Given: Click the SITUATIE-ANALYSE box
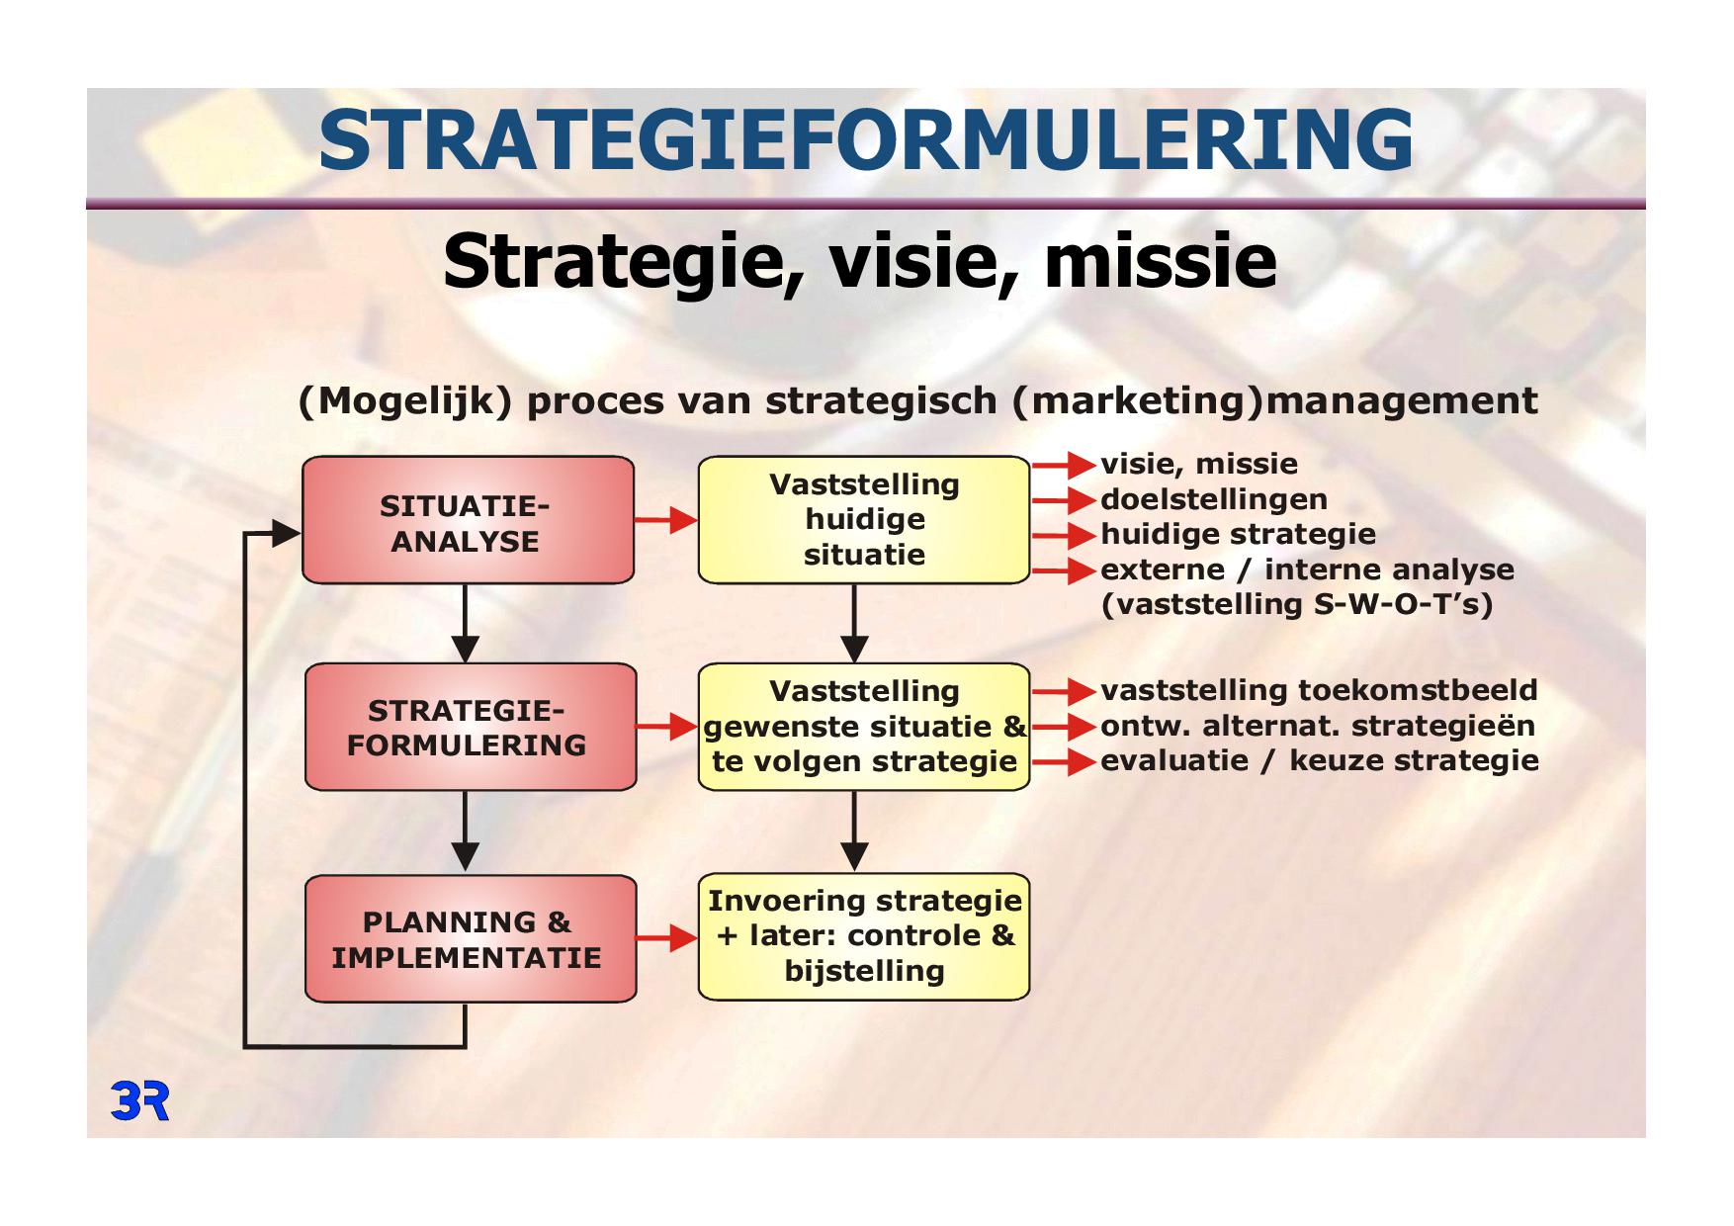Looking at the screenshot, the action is coord(468,520).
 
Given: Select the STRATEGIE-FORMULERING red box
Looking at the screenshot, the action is coord(470,727).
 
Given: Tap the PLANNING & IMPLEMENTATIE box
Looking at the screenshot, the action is coord(470,938).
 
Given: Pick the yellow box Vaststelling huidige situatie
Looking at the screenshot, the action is coord(864,520).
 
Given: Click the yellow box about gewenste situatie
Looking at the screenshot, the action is coord(864,727).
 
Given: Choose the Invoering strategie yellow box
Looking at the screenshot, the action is coord(864,936).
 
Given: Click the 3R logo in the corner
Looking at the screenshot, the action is coord(139,1101).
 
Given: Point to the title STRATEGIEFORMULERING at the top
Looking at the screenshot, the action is coord(866,139).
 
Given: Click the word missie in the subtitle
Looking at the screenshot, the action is coord(1161,261).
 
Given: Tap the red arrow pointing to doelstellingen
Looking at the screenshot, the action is coord(1065,500).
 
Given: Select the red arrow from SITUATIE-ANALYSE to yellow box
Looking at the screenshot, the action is coord(666,520).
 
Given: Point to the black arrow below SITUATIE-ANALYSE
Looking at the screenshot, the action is coord(465,624).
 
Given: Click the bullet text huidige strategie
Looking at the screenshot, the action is coord(1238,535).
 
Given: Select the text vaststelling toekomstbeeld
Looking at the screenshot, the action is coord(1319,690).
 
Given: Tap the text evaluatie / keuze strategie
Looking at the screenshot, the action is coord(1320,760).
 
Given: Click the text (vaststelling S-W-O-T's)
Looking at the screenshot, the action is coord(1297,604).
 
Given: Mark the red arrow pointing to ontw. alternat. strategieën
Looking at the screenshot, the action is coord(1065,727).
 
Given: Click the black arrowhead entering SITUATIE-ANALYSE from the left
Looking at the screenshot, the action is coord(287,534).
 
